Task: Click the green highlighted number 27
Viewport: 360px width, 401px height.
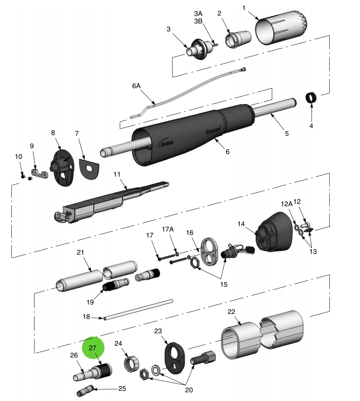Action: (93, 348)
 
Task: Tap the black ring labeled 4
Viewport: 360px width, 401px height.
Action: (311, 98)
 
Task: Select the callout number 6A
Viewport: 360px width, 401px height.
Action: (136, 86)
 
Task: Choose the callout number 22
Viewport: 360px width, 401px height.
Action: (231, 312)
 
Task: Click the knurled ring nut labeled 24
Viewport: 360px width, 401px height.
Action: (131, 364)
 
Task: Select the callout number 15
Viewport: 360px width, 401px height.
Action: (224, 284)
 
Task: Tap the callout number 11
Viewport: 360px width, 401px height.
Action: (117, 174)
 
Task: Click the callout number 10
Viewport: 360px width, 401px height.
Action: (19, 156)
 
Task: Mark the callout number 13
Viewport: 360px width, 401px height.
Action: (313, 252)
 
